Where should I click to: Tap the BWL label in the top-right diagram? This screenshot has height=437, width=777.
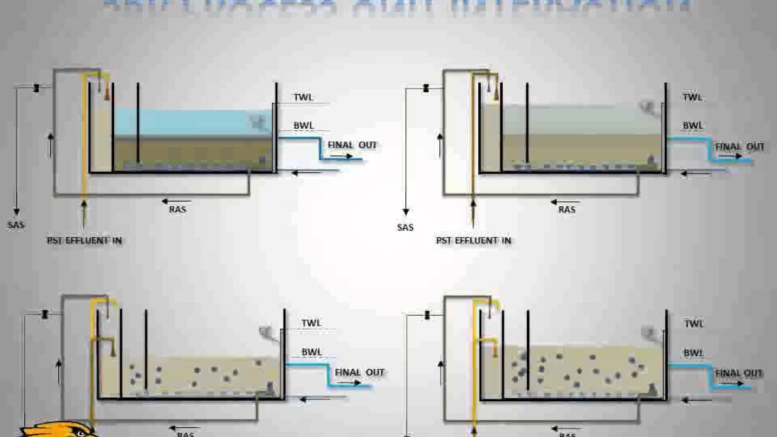(693, 126)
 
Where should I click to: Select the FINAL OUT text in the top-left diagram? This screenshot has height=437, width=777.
(352, 145)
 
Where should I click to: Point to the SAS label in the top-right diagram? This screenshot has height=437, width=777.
(405, 227)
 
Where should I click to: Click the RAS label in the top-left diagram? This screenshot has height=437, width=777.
(178, 209)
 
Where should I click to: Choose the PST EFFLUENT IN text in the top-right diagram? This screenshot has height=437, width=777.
(473, 240)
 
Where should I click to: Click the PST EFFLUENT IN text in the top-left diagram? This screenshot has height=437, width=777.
(84, 240)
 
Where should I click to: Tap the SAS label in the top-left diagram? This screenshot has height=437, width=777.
(16, 225)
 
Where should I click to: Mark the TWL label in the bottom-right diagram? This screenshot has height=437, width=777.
(694, 324)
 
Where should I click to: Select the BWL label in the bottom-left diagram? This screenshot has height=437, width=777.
(311, 352)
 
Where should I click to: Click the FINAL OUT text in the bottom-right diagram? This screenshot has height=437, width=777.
(738, 373)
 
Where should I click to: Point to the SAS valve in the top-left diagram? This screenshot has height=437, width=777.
(36, 89)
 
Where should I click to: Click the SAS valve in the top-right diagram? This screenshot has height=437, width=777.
(426, 89)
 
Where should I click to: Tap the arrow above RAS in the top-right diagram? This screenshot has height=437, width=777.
(565, 202)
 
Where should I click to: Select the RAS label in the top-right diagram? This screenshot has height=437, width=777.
(567, 209)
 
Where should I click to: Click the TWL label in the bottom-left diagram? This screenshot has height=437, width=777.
(311, 323)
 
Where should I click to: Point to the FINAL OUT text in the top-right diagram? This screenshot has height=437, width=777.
(739, 147)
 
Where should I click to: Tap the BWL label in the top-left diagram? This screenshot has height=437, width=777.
(304, 126)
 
